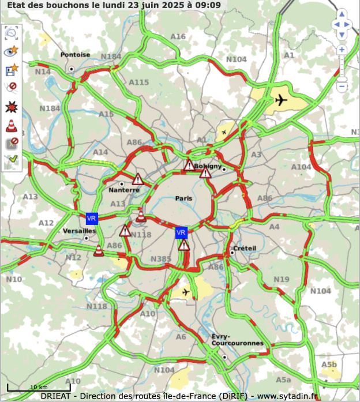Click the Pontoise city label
point(75,55)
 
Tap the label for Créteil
point(245,248)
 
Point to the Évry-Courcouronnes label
point(229,340)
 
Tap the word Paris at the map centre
point(185,198)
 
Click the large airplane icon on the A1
point(281,100)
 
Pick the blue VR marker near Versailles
point(92,218)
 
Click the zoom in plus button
point(342,50)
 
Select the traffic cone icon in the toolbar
point(12,125)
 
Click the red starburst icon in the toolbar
point(12,107)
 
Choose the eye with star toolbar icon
point(12,51)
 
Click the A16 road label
point(178,37)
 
